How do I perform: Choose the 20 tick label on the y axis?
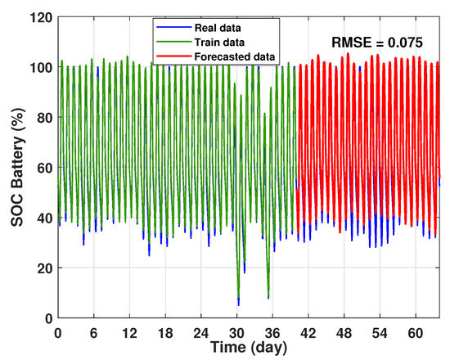(43, 268)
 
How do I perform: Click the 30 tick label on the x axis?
(237, 332)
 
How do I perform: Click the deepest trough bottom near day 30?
(238, 304)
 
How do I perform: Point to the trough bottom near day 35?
(268, 298)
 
